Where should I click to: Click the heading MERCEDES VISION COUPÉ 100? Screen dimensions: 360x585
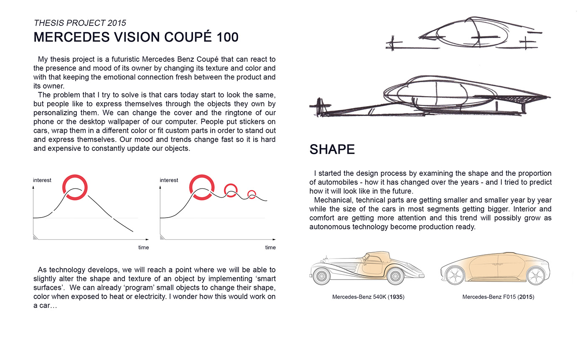tap(136, 37)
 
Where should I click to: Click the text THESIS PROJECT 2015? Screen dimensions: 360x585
tap(79, 23)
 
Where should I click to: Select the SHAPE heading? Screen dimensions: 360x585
tap(332, 149)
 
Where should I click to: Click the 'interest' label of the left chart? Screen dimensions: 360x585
tap(42, 180)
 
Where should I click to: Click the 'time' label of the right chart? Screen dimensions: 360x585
tap(270, 247)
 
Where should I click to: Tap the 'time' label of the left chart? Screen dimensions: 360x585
tap(143, 247)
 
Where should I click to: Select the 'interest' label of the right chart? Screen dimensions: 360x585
tap(169, 180)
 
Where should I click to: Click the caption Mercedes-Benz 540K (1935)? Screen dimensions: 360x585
tap(368, 297)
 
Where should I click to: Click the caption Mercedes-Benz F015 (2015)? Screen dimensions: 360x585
tap(498, 297)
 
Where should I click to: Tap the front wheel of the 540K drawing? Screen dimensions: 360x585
tap(322, 276)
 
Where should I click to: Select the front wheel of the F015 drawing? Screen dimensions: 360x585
tap(454, 275)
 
